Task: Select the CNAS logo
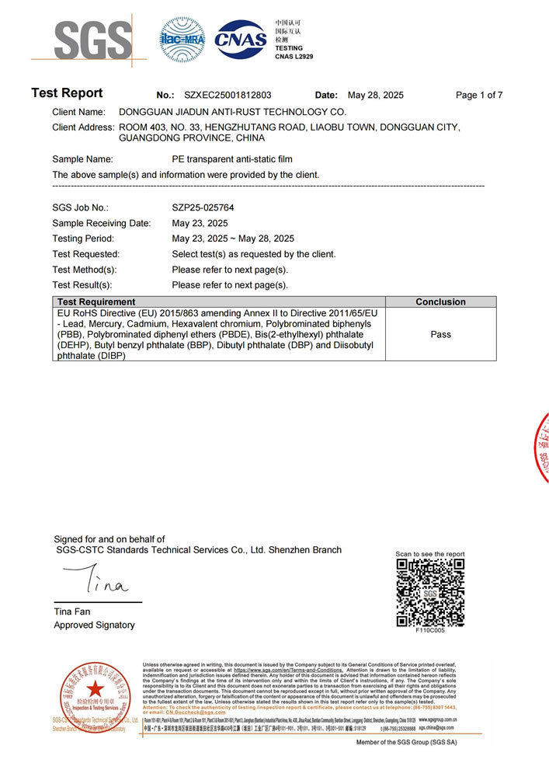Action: point(240,37)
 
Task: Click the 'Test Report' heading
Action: point(67,94)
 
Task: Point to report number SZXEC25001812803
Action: point(228,96)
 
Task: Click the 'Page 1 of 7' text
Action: point(479,96)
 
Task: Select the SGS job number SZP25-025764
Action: point(203,208)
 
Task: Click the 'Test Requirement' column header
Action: point(96,301)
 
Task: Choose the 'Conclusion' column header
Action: point(440,301)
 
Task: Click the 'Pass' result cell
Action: point(440,334)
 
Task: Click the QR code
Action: point(430,592)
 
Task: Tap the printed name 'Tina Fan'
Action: point(71,612)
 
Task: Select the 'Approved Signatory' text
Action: point(94,625)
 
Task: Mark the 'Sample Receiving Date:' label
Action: point(101,223)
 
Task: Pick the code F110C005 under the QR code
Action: point(430,632)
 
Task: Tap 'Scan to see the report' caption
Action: point(430,554)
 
